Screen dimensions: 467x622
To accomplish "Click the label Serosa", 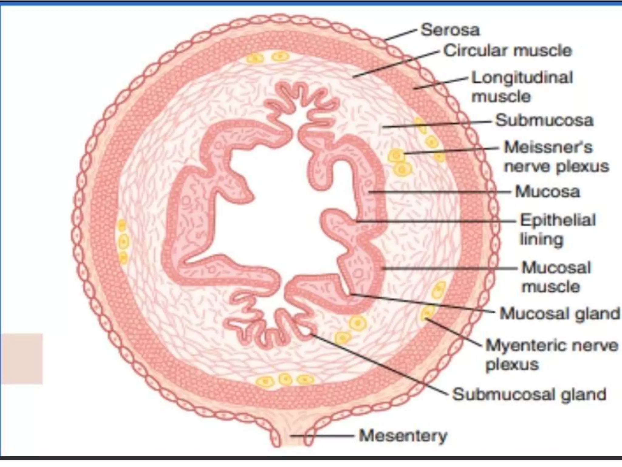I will tap(450, 30).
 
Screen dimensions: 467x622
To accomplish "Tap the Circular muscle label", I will tap(508, 51).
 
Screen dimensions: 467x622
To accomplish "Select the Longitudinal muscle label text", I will tap(522, 87).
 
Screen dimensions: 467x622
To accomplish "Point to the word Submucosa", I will tap(544, 120).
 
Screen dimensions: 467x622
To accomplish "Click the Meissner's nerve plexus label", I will tap(556, 157).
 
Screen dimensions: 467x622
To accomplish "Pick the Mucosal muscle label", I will tap(556, 277).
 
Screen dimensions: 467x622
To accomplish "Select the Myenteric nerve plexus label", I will tap(551, 355).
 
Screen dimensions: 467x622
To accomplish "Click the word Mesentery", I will tap(403, 436).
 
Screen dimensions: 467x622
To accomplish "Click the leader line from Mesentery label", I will tap(322, 436).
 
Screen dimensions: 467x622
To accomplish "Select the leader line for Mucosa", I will tap(440, 192).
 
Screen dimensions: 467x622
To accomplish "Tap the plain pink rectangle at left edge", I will tap(21, 358).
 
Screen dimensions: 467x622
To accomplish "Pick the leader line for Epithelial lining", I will tap(437, 221).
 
